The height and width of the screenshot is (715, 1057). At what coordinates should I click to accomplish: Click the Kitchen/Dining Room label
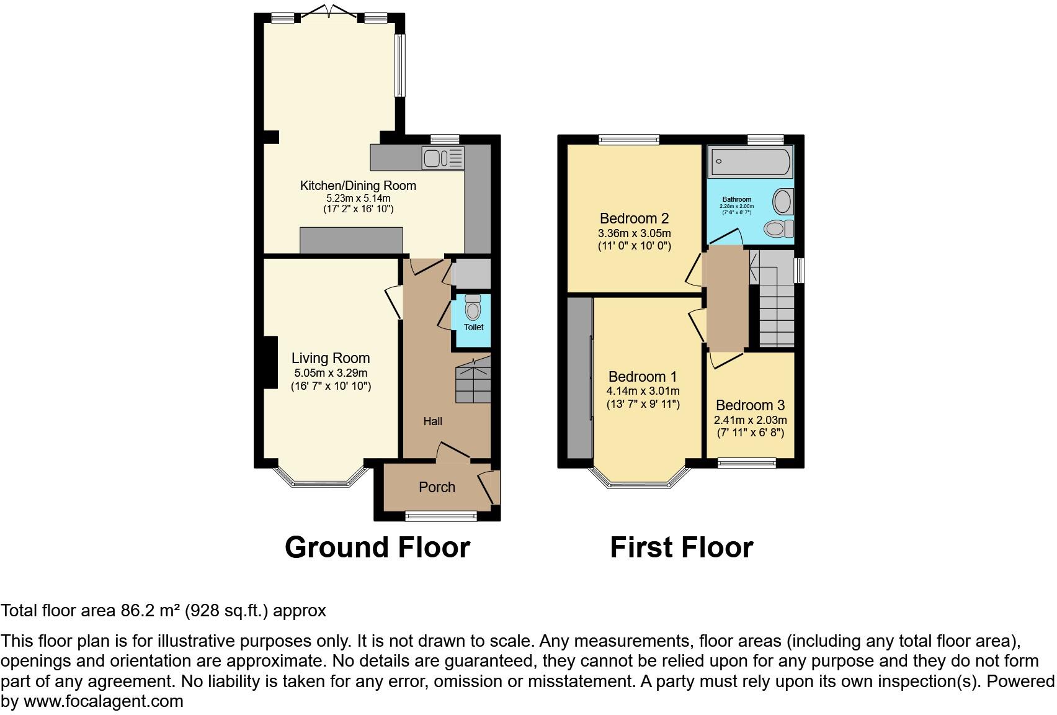[x=358, y=186]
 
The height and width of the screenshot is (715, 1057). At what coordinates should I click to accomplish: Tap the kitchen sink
[x=442, y=158]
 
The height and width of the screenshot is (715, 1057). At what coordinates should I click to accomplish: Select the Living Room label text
[x=331, y=358]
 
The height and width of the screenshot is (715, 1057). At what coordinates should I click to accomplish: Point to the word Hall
[x=432, y=421]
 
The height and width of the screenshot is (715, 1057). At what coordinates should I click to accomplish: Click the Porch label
[x=437, y=487]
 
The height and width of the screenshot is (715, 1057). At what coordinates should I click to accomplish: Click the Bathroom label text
[x=736, y=200]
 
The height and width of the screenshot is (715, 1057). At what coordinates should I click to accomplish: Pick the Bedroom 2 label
[x=634, y=218]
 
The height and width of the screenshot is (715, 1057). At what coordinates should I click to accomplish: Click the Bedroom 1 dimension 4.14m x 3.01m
[x=643, y=391]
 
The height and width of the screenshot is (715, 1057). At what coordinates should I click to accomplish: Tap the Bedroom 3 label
[x=750, y=405]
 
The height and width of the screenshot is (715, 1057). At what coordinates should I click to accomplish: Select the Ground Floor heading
[x=377, y=547]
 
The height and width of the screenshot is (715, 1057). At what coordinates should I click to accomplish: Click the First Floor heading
[x=681, y=547]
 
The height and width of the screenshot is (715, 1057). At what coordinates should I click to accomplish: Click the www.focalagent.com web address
[x=103, y=701]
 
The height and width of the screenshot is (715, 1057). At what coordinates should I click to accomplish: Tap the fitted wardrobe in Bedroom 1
[x=580, y=378]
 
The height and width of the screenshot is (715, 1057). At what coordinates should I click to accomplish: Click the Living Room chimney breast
[x=270, y=362]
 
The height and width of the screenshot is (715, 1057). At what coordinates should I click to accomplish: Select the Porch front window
[x=441, y=515]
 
